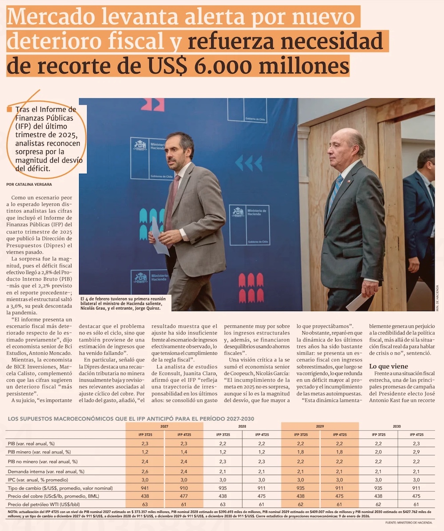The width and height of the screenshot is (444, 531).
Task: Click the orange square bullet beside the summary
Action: coord(9,109)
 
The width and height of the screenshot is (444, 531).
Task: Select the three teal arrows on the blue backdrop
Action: coord(249,163)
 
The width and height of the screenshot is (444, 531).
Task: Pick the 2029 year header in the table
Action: coord(320,426)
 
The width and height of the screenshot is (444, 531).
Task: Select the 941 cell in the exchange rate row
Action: coord(145,488)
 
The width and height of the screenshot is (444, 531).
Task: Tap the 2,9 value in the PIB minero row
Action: coord(416,452)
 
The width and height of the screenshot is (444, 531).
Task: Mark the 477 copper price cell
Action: coord(183,496)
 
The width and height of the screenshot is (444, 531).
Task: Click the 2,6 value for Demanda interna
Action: coord(145,472)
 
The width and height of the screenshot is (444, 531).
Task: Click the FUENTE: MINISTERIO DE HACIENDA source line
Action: coord(408,523)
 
